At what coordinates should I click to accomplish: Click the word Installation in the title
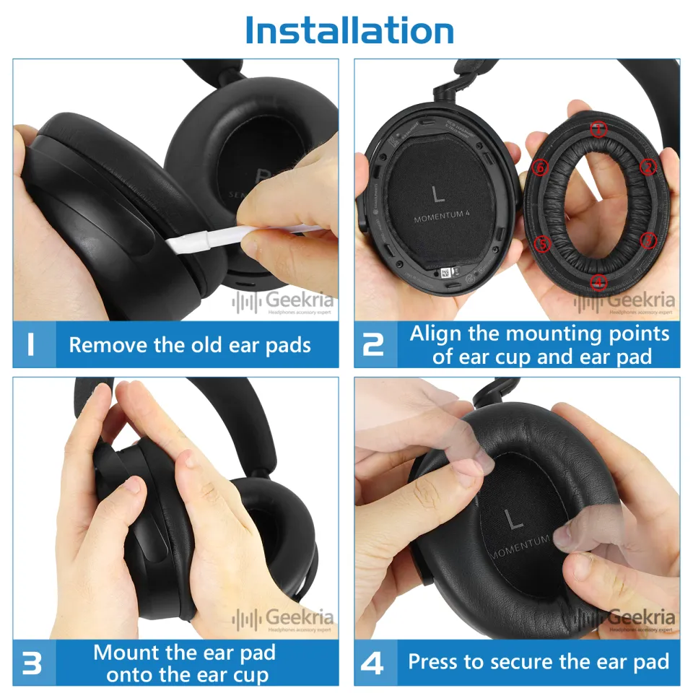point(349,30)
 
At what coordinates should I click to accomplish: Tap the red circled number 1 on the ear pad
point(598,130)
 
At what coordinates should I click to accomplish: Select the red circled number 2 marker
point(648,167)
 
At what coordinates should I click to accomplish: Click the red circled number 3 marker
point(648,239)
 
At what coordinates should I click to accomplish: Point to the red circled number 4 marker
point(598,282)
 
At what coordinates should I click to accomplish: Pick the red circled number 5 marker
point(544,243)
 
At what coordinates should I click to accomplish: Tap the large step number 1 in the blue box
point(31,344)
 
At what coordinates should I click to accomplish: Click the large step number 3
point(32,663)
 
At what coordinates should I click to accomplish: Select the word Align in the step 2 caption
point(434,334)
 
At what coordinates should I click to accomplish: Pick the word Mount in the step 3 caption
point(124,653)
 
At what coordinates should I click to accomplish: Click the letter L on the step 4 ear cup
point(515,519)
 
